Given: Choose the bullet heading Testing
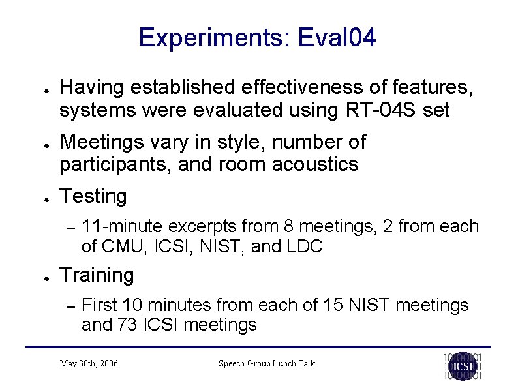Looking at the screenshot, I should pyautogui.click(x=93, y=196).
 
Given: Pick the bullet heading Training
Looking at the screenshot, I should pyautogui.click(x=97, y=275).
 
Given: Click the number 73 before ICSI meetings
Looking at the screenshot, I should pyautogui.click(x=127, y=324).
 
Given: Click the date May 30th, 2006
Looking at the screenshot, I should pyautogui.click(x=89, y=363).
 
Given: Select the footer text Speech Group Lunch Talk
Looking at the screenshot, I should pyautogui.click(x=266, y=363).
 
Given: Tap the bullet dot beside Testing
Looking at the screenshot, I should pyautogui.click(x=40, y=198).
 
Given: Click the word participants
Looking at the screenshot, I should pyautogui.click(x=106, y=164).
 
